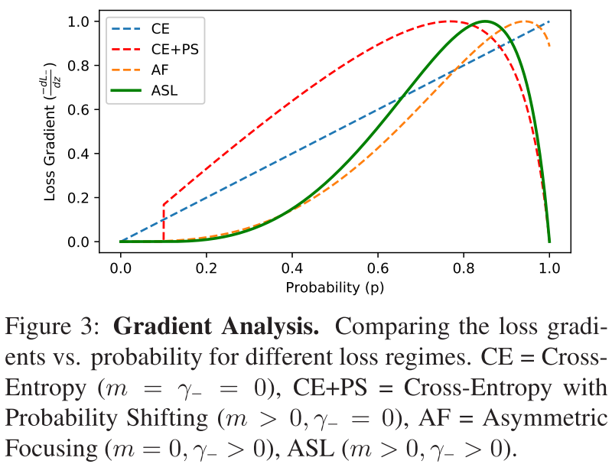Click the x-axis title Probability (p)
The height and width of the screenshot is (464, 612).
(x=334, y=287)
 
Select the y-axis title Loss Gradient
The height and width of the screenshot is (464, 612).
(x=54, y=131)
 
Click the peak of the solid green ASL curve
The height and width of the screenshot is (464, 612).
(x=484, y=21)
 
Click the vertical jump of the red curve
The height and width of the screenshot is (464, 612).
(x=164, y=222)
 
